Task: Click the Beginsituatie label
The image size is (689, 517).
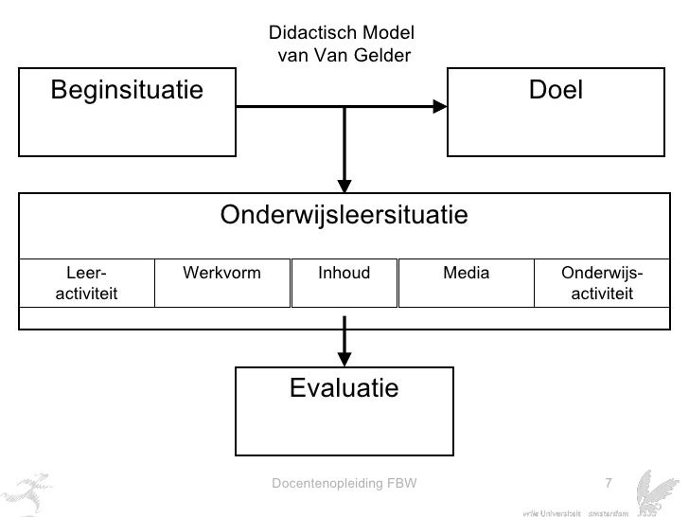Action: (127, 91)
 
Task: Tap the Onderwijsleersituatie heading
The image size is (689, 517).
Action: (344, 216)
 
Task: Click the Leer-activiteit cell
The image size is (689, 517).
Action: (86, 283)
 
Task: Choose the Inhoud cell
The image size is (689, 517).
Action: (344, 274)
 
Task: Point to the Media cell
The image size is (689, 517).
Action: (467, 274)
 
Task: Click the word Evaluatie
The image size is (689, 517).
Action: (344, 388)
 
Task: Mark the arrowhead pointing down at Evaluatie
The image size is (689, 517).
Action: (344, 359)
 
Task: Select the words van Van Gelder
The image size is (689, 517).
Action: (344, 55)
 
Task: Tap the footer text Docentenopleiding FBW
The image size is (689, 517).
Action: (344, 485)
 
